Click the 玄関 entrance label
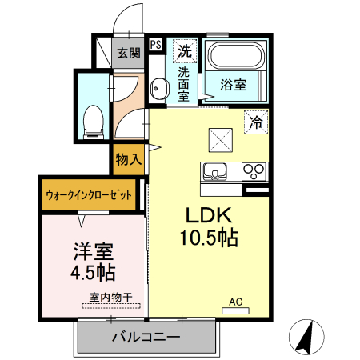129,54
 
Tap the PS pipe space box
156,46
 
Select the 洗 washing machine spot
185,50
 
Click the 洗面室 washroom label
183,83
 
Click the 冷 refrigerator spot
256,122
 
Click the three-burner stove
255,171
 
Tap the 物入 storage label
128,159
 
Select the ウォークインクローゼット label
89,195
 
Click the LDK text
209,216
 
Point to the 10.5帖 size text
210,238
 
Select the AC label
235,302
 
